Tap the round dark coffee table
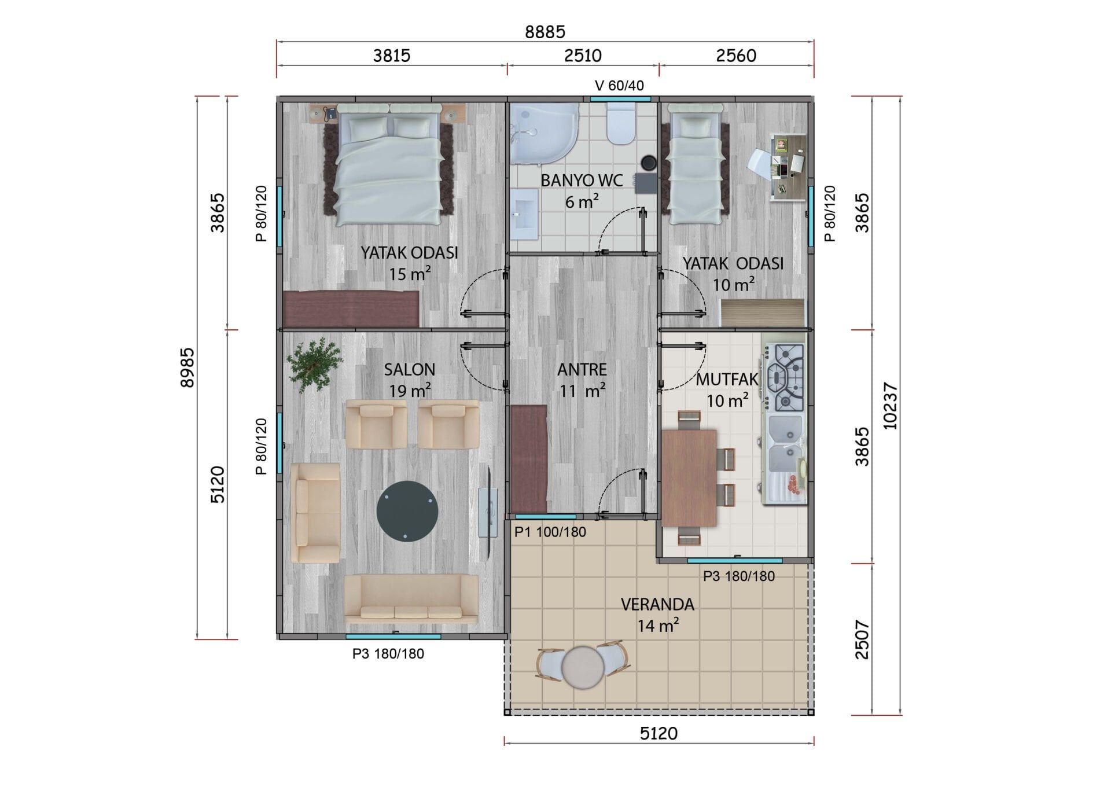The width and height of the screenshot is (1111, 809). [407, 511]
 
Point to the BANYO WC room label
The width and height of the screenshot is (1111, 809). [582, 181]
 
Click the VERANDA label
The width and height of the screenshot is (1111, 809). [657, 605]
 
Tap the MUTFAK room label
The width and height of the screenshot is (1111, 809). [727, 380]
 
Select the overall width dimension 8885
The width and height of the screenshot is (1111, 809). [545, 32]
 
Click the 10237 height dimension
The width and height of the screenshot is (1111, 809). [890, 406]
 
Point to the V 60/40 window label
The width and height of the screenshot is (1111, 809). [619, 86]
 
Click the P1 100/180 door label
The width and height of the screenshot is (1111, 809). [550, 532]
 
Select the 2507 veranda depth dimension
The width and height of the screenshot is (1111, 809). [862, 639]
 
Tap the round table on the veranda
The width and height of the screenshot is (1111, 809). [584, 667]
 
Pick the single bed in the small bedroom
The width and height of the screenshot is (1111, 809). [695, 164]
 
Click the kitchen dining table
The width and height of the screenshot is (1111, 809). [689, 478]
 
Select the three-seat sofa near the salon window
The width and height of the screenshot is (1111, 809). [411, 598]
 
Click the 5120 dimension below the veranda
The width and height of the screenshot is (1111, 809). [658, 734]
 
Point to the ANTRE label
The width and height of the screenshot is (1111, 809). [582, 369]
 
